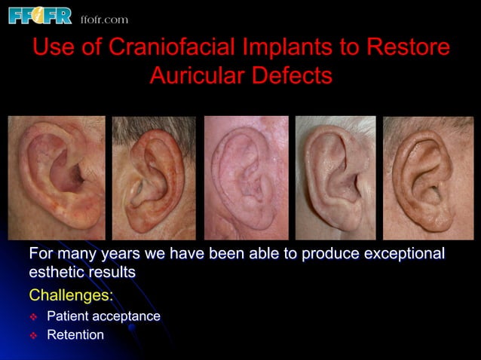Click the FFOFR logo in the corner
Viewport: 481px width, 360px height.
(39, 15)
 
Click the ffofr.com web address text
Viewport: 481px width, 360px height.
(104, 19)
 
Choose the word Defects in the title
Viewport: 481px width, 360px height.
(294, 75)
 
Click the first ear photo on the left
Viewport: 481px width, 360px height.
(57, 178)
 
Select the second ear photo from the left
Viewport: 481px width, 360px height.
(154, 178)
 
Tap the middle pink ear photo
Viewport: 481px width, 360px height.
(246, 178)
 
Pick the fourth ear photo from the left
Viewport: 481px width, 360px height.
(335, 178)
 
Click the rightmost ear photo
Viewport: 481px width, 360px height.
(427, 178)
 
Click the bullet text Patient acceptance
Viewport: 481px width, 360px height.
(103, 316)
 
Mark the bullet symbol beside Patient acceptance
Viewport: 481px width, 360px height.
(33, 316)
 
